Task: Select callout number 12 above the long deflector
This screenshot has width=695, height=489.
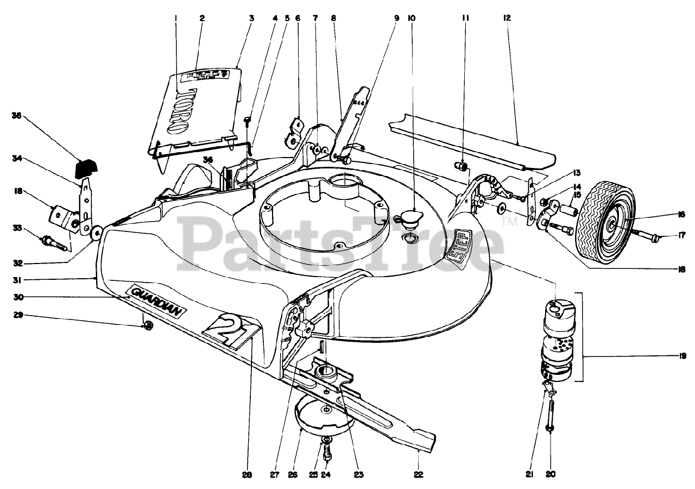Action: coord(507,18)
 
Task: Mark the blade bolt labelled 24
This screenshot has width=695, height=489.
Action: coord(327,452)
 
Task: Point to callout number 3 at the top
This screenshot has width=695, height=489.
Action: coord(251,18)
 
